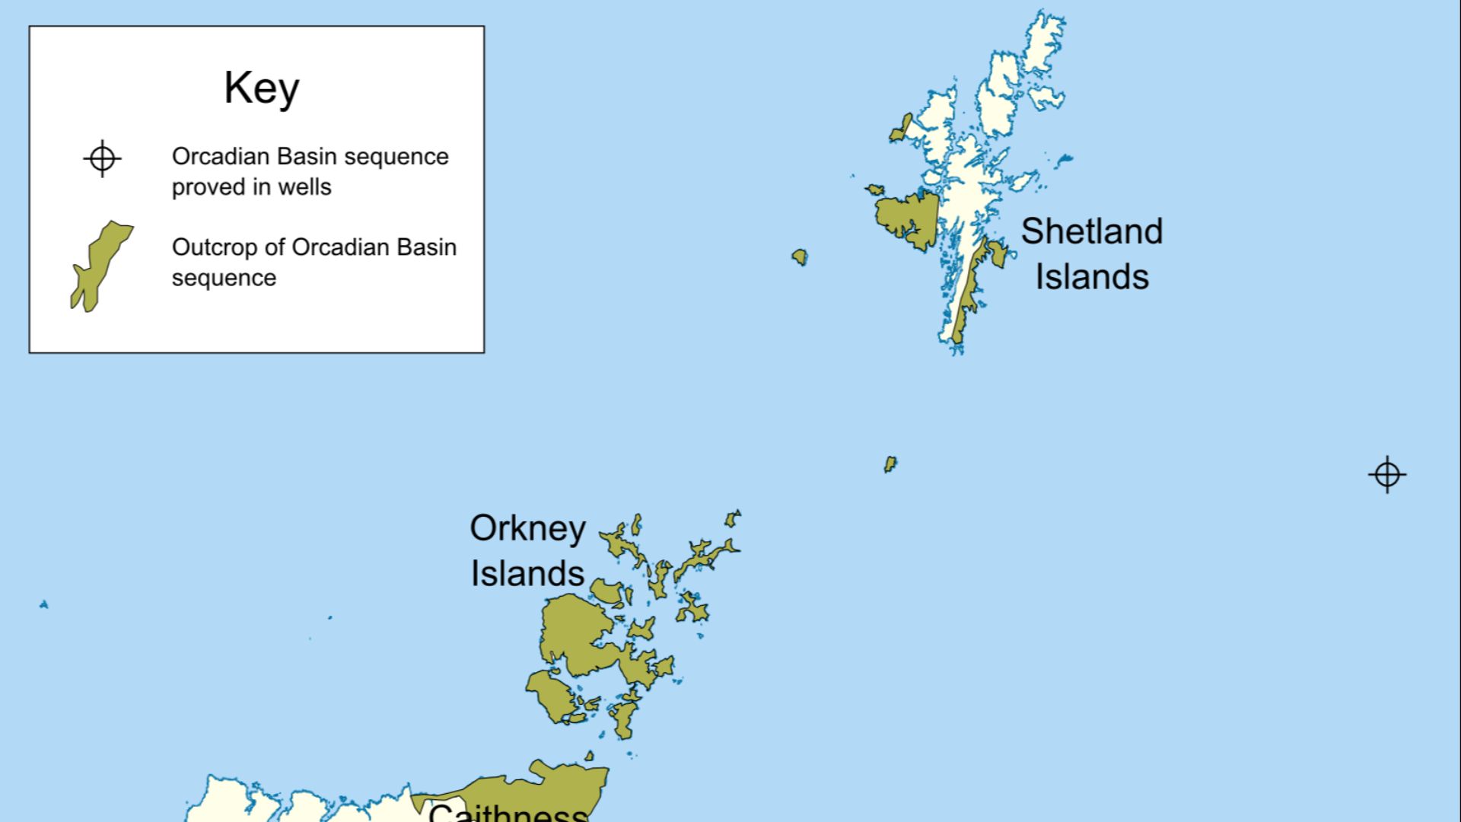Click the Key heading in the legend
pos(261,88)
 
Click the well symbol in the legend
pos(102,159)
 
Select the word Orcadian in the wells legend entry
pos(221,156)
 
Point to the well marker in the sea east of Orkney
pos(1386,475)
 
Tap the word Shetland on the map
pos(1091,231)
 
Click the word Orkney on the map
pos(527,528)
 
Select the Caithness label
pos(508,811)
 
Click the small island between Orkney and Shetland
pos(890,464)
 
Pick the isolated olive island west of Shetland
pos(799,256)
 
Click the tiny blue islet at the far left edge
pos(44,604)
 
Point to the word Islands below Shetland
pos(1091,277)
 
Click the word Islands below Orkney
pos(527,574)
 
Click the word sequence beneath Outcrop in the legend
pos(224,279)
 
